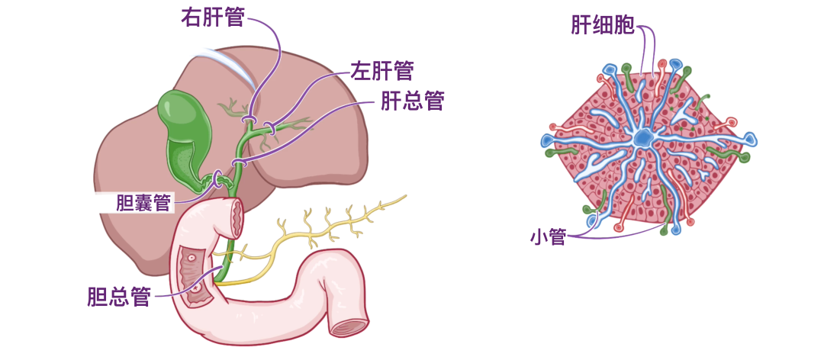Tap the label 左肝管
(x=381, y=71)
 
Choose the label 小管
(x=548, y=237)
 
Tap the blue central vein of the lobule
(x=643, y=138)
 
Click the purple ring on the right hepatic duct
(x=248, y=121)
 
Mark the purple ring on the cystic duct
(x=218, y=179)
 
